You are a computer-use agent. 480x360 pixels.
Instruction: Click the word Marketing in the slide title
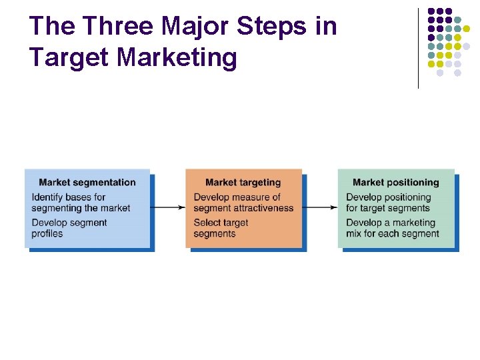pos(177,57)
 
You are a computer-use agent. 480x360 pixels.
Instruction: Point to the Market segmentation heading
pos(87,183)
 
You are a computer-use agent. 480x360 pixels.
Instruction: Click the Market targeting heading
pos(243,183)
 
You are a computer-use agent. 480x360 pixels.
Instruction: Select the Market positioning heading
pos(396,183)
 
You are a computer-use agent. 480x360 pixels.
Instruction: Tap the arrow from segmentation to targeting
pos(170,207)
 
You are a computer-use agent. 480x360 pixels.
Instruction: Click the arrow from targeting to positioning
pos(322,207)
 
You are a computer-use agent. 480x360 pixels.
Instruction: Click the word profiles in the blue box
pos(47,233)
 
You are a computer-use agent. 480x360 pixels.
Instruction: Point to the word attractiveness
pos(265,208)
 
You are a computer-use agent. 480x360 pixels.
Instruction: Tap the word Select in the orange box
pos(207,223)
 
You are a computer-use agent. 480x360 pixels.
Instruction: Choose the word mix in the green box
pos(354,233)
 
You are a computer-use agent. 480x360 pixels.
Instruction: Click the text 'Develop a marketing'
pos(391,223)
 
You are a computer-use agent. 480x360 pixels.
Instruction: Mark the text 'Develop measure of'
pos(237,197)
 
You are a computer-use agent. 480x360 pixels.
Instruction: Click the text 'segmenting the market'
pos(81,208)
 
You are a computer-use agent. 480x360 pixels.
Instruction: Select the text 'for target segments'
pos(388,208)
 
